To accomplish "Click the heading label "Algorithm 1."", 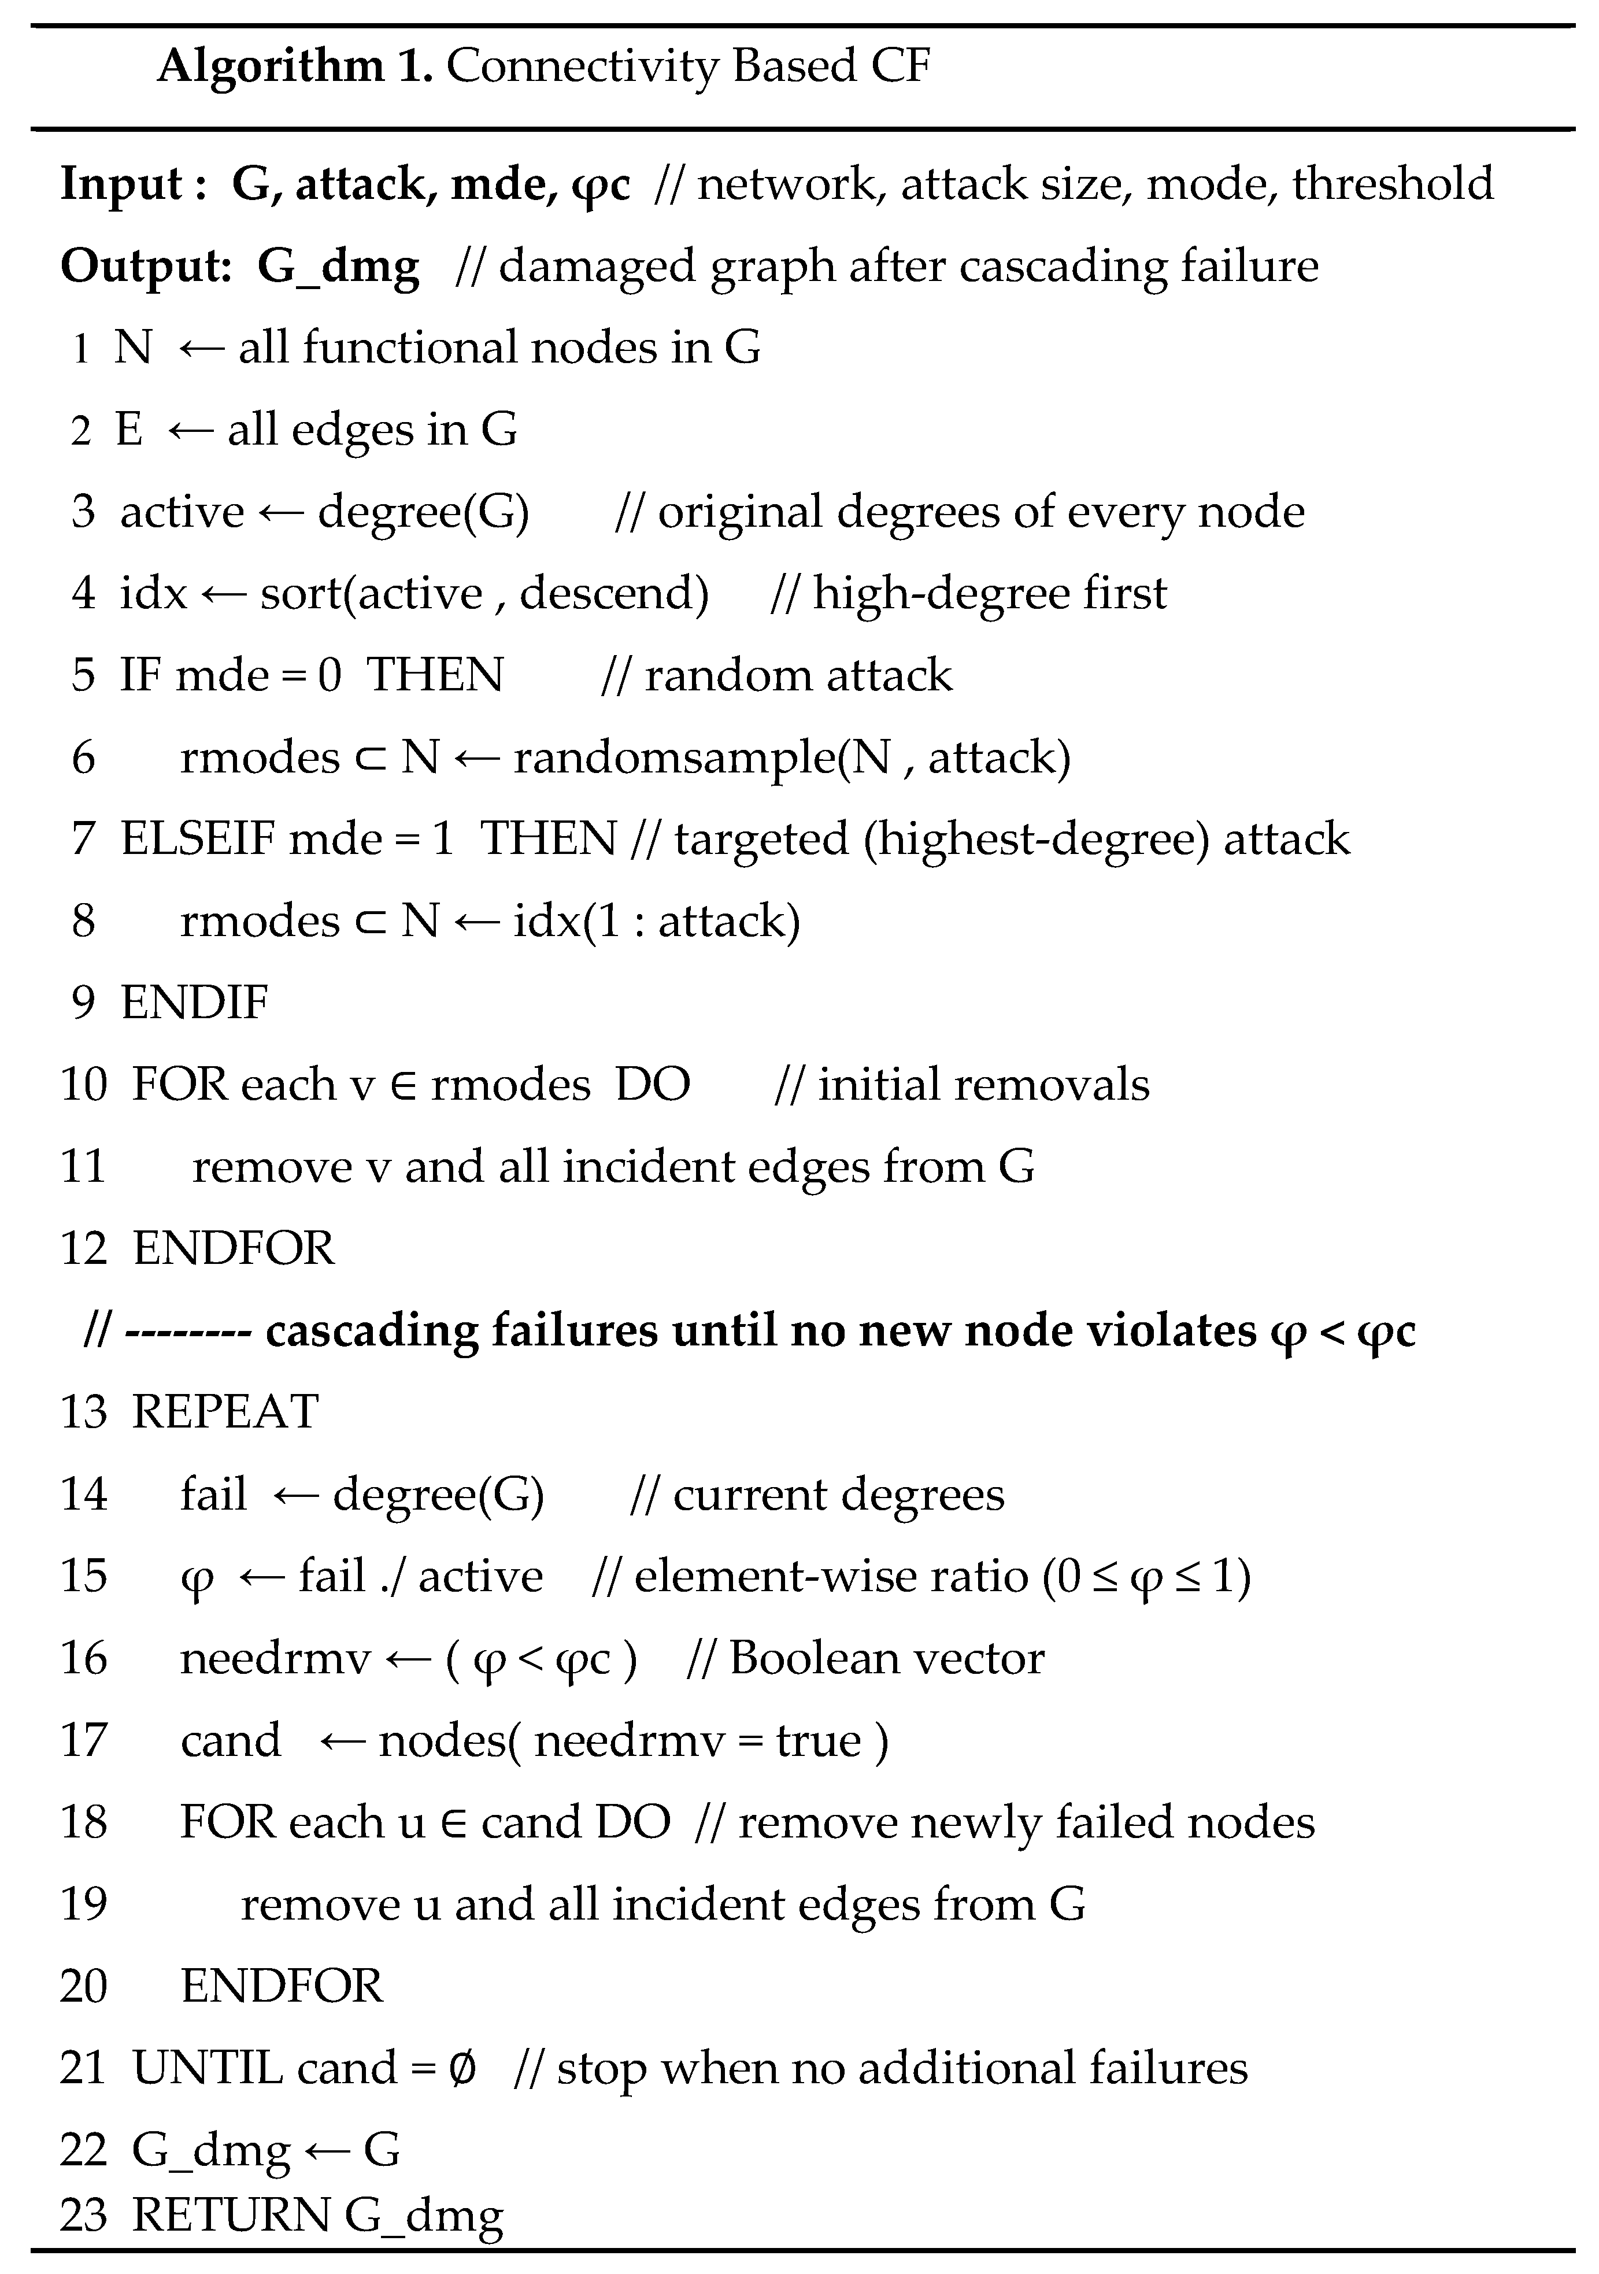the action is pos(294,67).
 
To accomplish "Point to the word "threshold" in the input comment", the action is pos(1392,184).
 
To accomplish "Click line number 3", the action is pos(83,512).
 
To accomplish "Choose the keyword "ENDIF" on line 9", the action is pos(194,1003).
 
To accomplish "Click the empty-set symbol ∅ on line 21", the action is pos(462,2069).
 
